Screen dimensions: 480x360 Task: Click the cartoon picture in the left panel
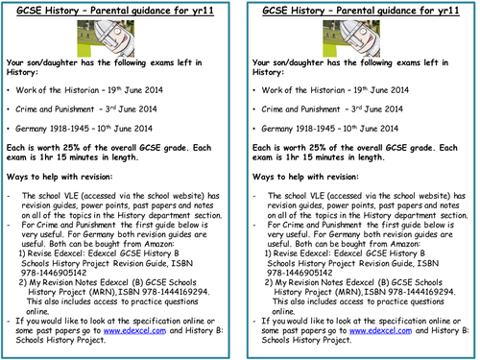tap(116, 36)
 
